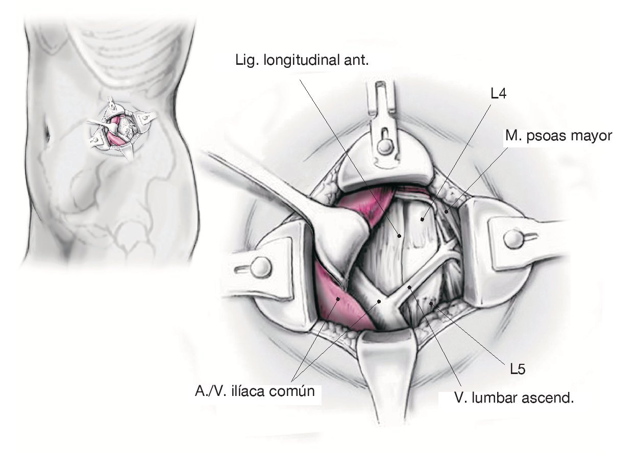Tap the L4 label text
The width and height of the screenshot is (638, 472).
[498, 94]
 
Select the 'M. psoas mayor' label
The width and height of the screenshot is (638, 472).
[558, 136]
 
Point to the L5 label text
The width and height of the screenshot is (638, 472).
[518, 369]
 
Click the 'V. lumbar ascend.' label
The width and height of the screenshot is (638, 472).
[514, 398]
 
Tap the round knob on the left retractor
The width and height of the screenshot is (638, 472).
[261, 266]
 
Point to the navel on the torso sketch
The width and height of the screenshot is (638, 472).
[47, 135]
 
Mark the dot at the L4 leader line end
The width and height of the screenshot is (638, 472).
[423, 219]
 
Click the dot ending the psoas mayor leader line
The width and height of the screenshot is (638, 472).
[446, 210]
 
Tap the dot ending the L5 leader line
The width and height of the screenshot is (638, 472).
[432, 304]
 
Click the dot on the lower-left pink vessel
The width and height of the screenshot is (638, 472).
[337, 299]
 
